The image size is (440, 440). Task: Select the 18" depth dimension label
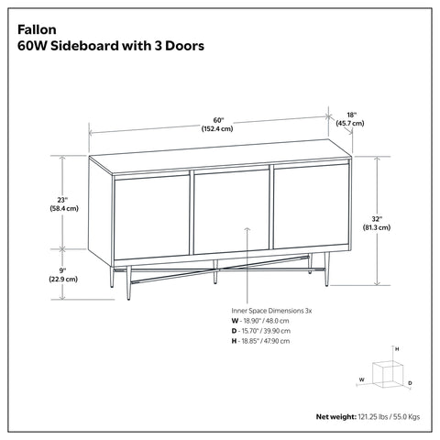coord(351,114)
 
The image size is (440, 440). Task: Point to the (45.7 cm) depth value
coord(351,123)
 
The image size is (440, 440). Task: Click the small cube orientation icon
coord(392,369)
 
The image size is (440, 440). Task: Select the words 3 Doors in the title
coord(178,44)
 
